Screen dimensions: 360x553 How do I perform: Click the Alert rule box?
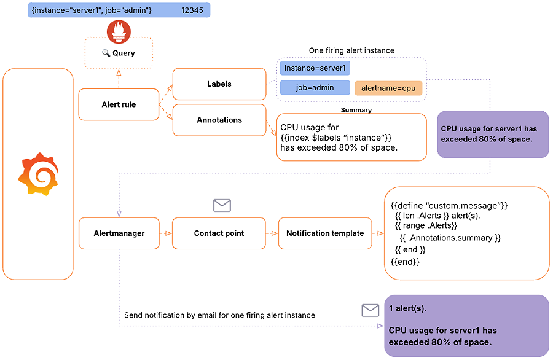point(119,104)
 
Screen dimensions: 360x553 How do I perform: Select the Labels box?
point(219,84)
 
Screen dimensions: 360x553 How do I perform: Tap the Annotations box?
point(219,120)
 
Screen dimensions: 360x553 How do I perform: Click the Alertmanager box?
point(119,233)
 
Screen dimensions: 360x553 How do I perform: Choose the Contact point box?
point(219,233)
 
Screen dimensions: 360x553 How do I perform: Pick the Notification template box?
point(325,233)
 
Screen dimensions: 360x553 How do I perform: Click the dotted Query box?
point(119,53)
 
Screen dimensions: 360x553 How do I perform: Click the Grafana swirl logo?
point(38,174)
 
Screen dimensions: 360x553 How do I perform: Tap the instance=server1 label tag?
point(315,68)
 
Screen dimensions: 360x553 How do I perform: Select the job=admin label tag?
point(315,88)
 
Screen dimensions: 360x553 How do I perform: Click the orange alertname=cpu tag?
point(388,88)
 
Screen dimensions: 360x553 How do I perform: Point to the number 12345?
point(192,10)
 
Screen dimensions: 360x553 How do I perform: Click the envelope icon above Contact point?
point(222,205)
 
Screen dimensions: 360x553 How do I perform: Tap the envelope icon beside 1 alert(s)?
point(370,310)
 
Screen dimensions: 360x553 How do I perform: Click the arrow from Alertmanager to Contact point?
point(166,233)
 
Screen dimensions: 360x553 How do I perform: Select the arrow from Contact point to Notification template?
point(272,233)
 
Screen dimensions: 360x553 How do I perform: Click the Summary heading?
point(356,110)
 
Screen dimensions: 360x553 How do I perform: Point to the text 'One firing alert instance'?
point(351,50)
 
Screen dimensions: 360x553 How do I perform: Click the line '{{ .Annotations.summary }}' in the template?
point(450,238)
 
